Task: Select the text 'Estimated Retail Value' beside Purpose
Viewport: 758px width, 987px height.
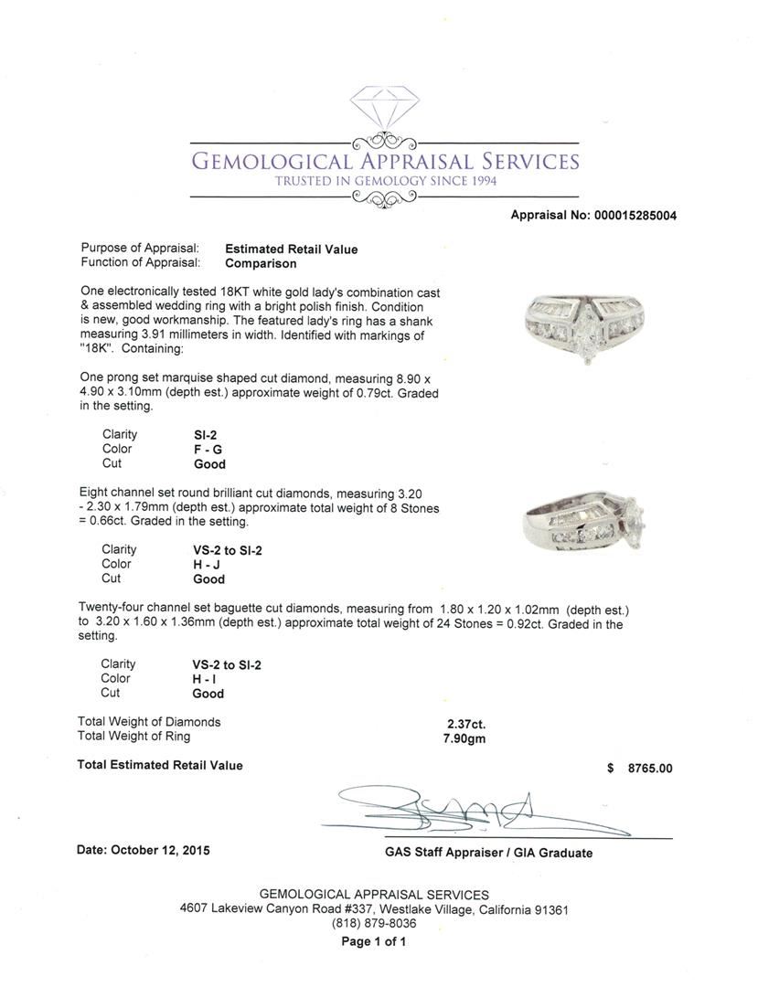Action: pos(292,249)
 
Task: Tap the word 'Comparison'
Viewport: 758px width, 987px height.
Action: pos(261,263)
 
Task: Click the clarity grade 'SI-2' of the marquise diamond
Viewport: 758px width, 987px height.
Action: pos(194,435)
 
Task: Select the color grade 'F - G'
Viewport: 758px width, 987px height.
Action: pos(201,450)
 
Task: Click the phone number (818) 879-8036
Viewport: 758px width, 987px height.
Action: pos(374,924)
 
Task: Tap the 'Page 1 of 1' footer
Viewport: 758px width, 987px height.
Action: pos(373,941)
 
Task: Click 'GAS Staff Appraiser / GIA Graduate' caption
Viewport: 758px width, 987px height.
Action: pos(488,853)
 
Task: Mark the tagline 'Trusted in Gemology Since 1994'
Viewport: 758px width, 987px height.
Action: pos(383,182)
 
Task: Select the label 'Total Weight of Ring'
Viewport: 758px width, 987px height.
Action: pos(134,737)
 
